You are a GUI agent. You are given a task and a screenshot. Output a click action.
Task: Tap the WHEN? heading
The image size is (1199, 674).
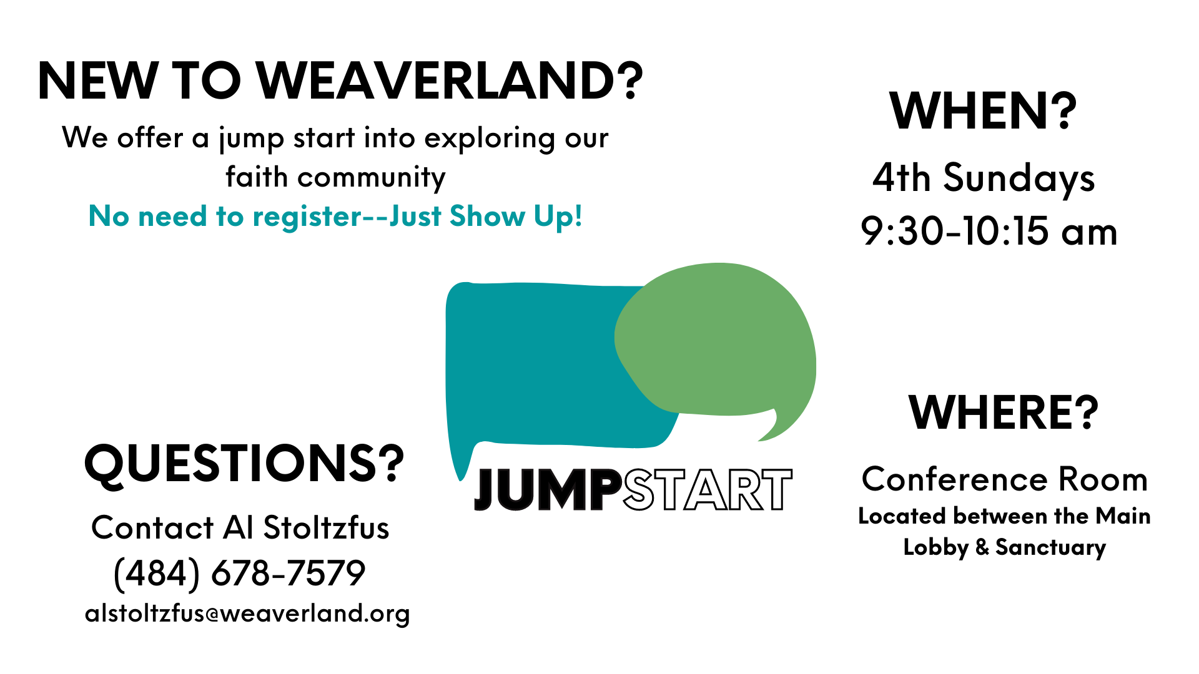coord(984,111)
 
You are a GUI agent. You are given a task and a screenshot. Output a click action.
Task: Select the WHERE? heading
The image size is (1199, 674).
coord(1004,413)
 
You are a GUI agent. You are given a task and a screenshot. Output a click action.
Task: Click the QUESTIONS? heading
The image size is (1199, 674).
coord(244,464)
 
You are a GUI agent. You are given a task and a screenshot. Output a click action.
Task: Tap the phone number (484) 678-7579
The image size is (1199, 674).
coord(239,573)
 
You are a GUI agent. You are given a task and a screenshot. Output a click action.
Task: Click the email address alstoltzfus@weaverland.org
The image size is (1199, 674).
coord(247,613)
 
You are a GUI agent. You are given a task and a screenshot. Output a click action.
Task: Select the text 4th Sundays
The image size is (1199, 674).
coord(984,178)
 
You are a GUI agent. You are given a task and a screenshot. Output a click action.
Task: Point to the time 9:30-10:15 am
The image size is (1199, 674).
coord(989,232)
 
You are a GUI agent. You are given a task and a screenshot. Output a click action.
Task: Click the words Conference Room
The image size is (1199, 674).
coord(1005,479)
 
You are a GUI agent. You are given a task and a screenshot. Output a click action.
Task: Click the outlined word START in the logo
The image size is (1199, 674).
coord(708,489)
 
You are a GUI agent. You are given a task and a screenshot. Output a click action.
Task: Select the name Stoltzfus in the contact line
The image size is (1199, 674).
coord(326,527)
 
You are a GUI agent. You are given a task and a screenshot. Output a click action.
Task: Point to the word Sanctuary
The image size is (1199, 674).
coord(1050,547)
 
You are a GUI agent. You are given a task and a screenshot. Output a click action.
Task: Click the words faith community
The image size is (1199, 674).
coord(335,177)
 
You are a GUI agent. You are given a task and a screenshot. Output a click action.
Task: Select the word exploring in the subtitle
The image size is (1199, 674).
coord(489,139)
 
